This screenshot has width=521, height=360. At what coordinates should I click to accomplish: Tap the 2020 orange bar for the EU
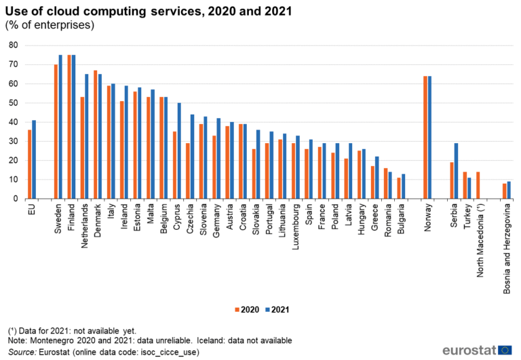29,164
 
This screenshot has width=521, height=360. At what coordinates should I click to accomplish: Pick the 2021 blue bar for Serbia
456,171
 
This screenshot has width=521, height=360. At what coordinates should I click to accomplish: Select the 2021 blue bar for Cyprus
179,151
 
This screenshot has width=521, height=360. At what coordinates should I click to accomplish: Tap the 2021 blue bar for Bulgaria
403,186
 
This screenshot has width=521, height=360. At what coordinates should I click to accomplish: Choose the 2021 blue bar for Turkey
469,188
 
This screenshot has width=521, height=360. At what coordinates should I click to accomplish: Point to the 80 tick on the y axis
13,45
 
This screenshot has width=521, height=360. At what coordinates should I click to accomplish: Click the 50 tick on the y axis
13,103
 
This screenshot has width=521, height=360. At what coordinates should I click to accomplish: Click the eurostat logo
477,350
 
